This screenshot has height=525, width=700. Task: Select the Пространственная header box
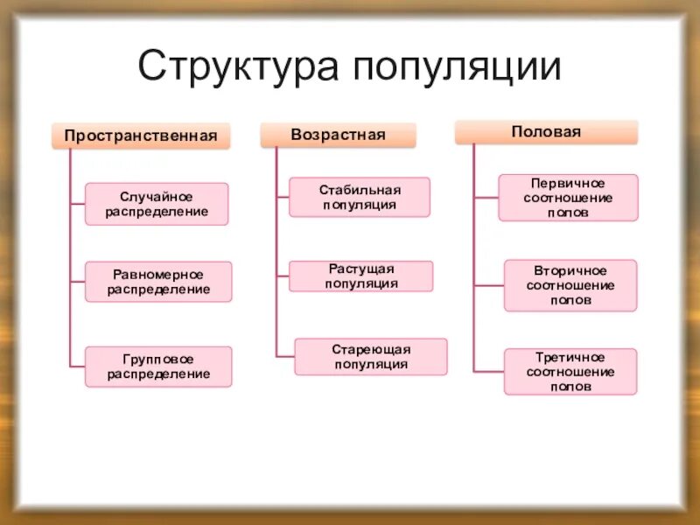pos(140,136)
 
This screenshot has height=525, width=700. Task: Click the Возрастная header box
pos(338,135)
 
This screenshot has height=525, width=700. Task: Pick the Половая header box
pos(546,132)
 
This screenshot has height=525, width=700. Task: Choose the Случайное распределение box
pos(157,204)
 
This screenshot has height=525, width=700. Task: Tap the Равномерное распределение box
pos(158,282)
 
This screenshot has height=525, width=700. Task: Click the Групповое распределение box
pos(158,367)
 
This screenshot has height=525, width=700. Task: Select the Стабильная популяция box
pos(360,197)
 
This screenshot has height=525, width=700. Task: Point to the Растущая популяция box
pos(361,276)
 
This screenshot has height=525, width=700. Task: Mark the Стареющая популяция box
pos(370,356)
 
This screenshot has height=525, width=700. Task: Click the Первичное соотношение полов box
pos(568,197)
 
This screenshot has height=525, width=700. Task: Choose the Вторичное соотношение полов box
pos(570,284)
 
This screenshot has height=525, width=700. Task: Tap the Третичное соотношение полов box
pos(570,371)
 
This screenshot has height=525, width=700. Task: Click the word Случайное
pos(157,197)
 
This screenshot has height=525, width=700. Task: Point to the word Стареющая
pos(370,349)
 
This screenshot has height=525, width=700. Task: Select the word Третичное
pos(570,357)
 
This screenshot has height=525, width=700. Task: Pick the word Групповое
pos(158,360)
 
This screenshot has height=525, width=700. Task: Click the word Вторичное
pos(570,270)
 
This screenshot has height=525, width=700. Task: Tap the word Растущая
pos(361,269)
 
